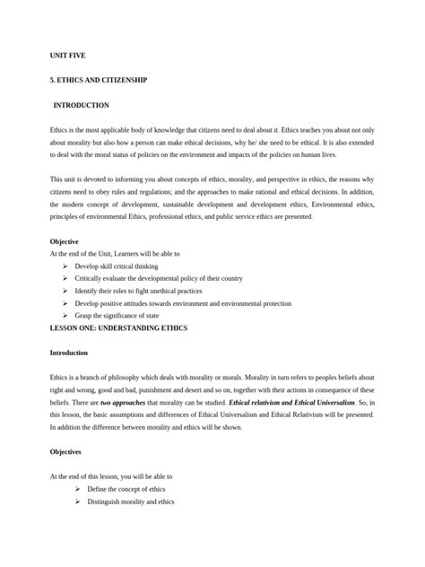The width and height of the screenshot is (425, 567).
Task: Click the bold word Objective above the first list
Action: point(65,241)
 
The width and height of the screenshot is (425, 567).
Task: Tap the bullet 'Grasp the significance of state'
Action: point(125,317)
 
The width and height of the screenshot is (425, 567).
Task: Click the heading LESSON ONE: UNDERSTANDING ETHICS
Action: point(118,328)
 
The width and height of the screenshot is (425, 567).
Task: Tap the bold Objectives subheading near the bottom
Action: point(67,452)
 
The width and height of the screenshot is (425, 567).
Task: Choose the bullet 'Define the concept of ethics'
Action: point(134,489)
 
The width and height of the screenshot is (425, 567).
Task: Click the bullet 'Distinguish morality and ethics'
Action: point(136,502)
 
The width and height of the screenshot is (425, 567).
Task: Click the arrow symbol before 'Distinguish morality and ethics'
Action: point(78,502)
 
